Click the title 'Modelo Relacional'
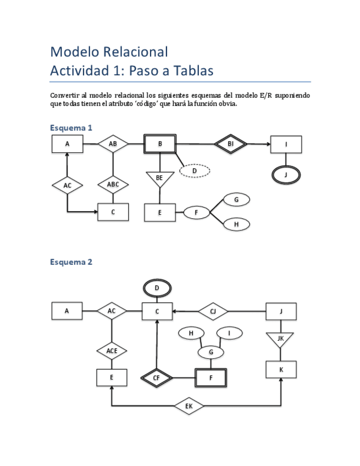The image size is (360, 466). pyautogui.click(x=109, y=52)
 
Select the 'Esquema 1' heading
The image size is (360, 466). pyautogui.click(x=71, y=127)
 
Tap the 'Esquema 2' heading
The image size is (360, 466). pyautogui.click(x=71, y=262)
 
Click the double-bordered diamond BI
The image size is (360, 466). pyautogui.click(x=231, y=144)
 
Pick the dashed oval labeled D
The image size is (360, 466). pyautogui.click(x=195, y=171)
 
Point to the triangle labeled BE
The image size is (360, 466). pyautogui.click(x=159, y=179)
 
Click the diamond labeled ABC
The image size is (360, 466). pyautogui.click(x=113, y=185)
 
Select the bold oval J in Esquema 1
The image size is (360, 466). pyautogui.click(x=286, y=175)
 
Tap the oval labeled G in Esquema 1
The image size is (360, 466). pyautogui.click(x=236, y=199)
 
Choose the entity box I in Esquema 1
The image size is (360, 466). pyautogui.click(x=286, y=145)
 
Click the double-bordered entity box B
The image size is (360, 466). pyautogui.click(x=160, y=144)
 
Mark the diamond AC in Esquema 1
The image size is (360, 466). pyautogui.click(x=68, y=186)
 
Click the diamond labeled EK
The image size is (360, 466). pyautogui.click(x=189, y=407)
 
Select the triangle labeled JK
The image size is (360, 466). pyautogui.click(x=281, y=339)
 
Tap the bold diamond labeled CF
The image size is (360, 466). pyautogui.click(x=157, y=378)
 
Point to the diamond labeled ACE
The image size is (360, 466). pyautogui.click(x=112, y=350)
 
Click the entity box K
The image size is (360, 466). pyautogui.click(x=281, y=370)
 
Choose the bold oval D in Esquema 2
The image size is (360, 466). pyautogui.click(x=157, y=287)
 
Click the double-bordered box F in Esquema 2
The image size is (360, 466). pyautogui.click(x=211, y=378)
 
